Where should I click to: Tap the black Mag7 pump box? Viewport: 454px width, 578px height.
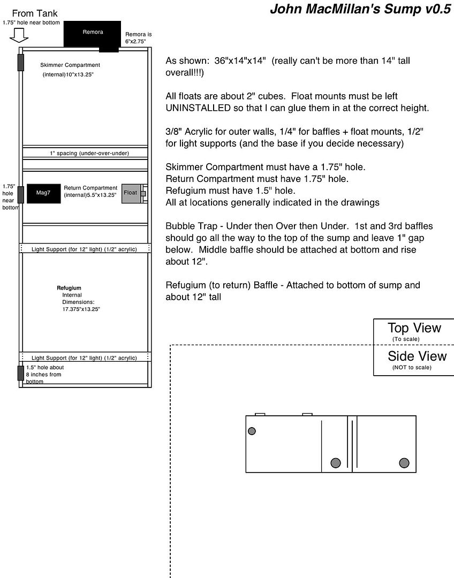(x=44, y=193)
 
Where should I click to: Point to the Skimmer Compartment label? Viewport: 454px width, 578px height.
(x=70, y=65)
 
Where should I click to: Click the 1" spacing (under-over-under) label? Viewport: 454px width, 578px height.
(x=89, y=153)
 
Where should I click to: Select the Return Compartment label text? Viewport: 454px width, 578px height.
(x=90, y=188)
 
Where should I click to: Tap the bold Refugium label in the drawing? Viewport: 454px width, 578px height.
(x=69, y=288)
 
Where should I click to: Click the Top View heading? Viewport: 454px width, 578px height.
(x=414, y=328)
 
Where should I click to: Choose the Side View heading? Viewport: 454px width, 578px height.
(x=417, y=356)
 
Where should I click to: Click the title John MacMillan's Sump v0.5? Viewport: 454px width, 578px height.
(x=360, y=9)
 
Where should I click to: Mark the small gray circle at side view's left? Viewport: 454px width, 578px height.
(x=252, y=431)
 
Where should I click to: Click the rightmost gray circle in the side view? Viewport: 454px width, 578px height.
(x=404, y=463)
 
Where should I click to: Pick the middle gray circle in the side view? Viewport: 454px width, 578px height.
(x=336, y=463)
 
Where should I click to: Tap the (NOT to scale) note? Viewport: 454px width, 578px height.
(x=411, y=367)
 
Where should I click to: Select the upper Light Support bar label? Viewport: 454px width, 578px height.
(x=84, y=249)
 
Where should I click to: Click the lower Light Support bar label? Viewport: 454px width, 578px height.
(x=84, y=358)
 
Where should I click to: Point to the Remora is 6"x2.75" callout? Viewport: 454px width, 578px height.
(x=135, y=37)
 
